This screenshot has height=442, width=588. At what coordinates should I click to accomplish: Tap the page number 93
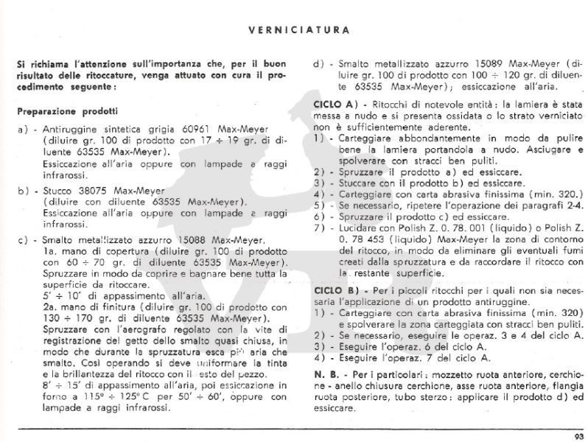click(576, 435)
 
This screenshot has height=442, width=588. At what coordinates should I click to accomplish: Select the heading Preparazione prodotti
click(67, 111)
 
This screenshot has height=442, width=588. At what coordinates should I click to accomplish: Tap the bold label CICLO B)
click(335, 292)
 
